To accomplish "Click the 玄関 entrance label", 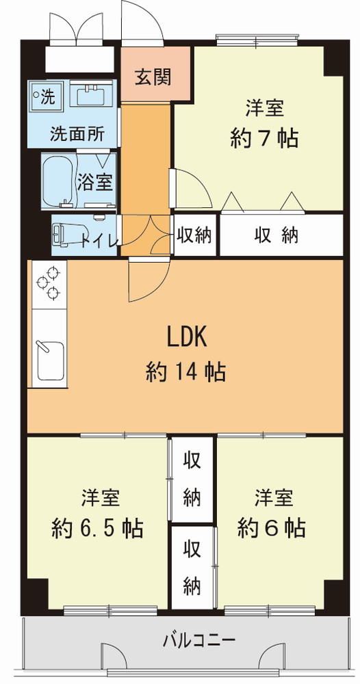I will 152,77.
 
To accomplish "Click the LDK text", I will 187,337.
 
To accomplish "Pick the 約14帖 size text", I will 185,372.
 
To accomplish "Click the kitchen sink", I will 50,360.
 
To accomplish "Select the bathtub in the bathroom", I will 57,182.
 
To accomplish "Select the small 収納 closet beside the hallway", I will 194,235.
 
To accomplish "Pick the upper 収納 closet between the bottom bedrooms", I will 192,479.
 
